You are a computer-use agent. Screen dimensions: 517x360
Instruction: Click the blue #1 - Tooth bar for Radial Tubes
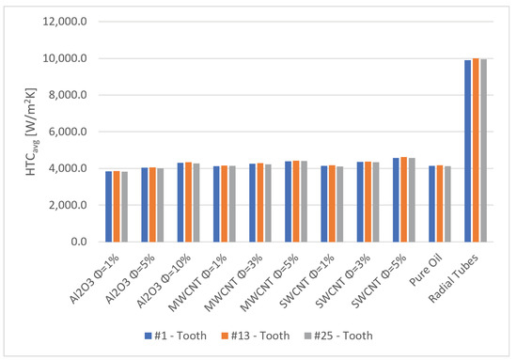coord(467,151)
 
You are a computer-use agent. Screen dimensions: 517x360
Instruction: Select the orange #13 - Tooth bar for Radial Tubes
coord(476,150)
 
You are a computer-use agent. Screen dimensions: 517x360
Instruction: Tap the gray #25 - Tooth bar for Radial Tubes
coord(483,150)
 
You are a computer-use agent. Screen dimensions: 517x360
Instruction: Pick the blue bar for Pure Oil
coord(432,204)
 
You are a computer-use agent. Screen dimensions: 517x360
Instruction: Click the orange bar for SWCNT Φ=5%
coord(404,199)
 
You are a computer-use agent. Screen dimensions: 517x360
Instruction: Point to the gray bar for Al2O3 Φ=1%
coord(125,207)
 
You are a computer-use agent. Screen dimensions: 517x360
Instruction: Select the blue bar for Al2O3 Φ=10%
coord(180,202)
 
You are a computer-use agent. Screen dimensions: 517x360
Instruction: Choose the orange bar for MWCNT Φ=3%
coord(260,202)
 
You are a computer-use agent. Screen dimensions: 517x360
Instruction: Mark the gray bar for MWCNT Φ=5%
coord(304,201)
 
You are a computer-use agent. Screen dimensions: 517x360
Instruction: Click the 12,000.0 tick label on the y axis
coord(65,22)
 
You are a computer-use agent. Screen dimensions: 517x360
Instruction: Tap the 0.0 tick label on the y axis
coord(79,242)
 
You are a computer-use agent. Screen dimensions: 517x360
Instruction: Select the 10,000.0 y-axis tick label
coord(65,58)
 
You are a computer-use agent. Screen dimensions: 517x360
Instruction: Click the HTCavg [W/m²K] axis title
coord(32,132)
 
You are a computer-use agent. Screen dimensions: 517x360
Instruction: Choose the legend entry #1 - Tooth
coord(176,336)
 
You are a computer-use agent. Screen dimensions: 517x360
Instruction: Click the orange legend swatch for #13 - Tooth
coord(225,336)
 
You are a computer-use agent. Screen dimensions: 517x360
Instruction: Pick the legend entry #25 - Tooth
coord(338,336)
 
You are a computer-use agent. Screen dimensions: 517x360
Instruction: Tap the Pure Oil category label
coord(425,271)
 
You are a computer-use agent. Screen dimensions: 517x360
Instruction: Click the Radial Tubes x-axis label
coord(453,278)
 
